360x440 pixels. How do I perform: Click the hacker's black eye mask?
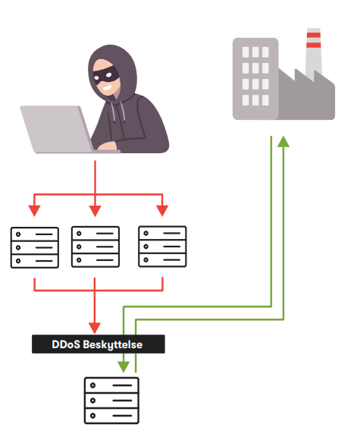pyautogui.click(x=106, y=74)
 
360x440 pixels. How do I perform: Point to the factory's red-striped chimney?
pyautogui.click(x=314, y=53)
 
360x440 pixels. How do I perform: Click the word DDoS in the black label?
pyautogui.click(x=66, y=344)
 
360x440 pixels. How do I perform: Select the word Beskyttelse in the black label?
pyautogui.click(x=113, y=345)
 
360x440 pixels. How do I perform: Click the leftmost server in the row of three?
pyautogui.click(x=35, y=247)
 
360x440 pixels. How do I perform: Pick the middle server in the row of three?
pyautogui.click(x=95, y=247)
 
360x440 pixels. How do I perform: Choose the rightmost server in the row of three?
pyautogui.click(x=162, y=247)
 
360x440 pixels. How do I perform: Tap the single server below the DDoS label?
pyautogui.click(x=111, y=401)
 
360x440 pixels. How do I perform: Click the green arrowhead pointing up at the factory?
pyautogui.click(x=283, y=141)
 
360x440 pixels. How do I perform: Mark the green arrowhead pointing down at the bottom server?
pyautogui.click(x=124, y=366)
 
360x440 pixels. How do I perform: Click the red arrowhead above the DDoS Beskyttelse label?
pyautogui.click(x=95, y=328)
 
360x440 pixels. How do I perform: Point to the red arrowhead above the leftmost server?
pyautogui.click(x=34, y=211)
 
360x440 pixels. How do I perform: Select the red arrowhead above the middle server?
pyautogui.click(x=95, y=211)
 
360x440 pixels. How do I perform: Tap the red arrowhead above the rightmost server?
pyautogui.click(x=162, y=211)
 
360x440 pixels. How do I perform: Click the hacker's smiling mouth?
pyautogui.click(x=107, y=88)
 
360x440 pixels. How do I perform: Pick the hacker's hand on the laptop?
pyautogui.click(x=106, y=146)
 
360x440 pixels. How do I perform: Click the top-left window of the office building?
pyautogui.click(x=246, y=52)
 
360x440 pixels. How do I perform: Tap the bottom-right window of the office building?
pyautogui.click(x=265, y=100)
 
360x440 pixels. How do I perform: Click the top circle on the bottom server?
pyautogui.click(x=92, y=385)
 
